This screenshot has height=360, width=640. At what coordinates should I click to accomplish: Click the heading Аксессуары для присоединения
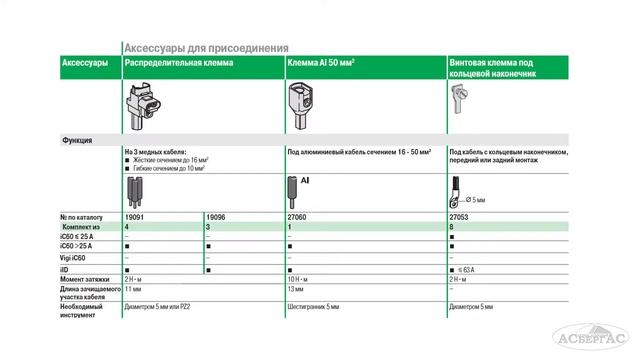tap(205, 47)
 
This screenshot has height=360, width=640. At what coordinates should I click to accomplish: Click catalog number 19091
tap(135, 218)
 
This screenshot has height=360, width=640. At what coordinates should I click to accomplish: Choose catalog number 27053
tap(459, 218)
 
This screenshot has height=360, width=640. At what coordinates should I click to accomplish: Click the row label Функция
tap(77, 140)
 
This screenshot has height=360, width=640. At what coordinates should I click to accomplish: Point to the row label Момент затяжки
tap(87, 280)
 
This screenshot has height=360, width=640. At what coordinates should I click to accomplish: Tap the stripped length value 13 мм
tap(297, 291)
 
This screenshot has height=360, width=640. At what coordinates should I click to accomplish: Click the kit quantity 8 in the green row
tap(452, 228)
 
